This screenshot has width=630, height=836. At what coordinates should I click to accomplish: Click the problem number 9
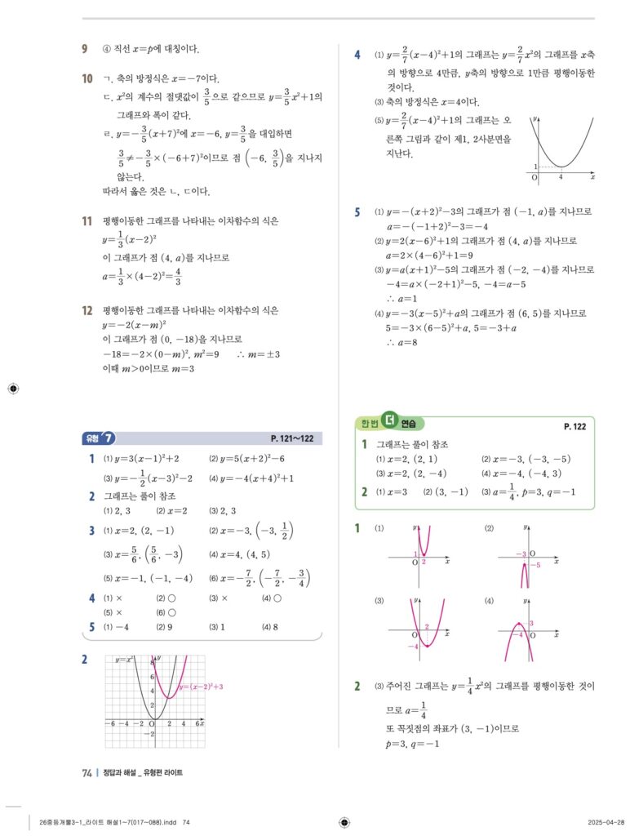coord(85,49)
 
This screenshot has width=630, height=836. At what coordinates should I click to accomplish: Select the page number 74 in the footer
coord(87,773)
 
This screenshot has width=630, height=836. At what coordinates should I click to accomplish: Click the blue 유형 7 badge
coord(101,438)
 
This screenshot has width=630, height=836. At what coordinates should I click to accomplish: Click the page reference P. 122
coord(575,426)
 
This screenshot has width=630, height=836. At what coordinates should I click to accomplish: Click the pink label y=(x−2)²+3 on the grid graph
coord(200,687)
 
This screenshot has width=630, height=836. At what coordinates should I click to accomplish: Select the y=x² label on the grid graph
coord(124,660)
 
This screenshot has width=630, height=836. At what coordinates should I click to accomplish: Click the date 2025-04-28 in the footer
coord(605,822)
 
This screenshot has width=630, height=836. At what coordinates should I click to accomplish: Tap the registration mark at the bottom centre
coord(344,822)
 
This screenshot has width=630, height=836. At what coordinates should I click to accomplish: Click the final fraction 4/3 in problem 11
coord(178,279)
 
